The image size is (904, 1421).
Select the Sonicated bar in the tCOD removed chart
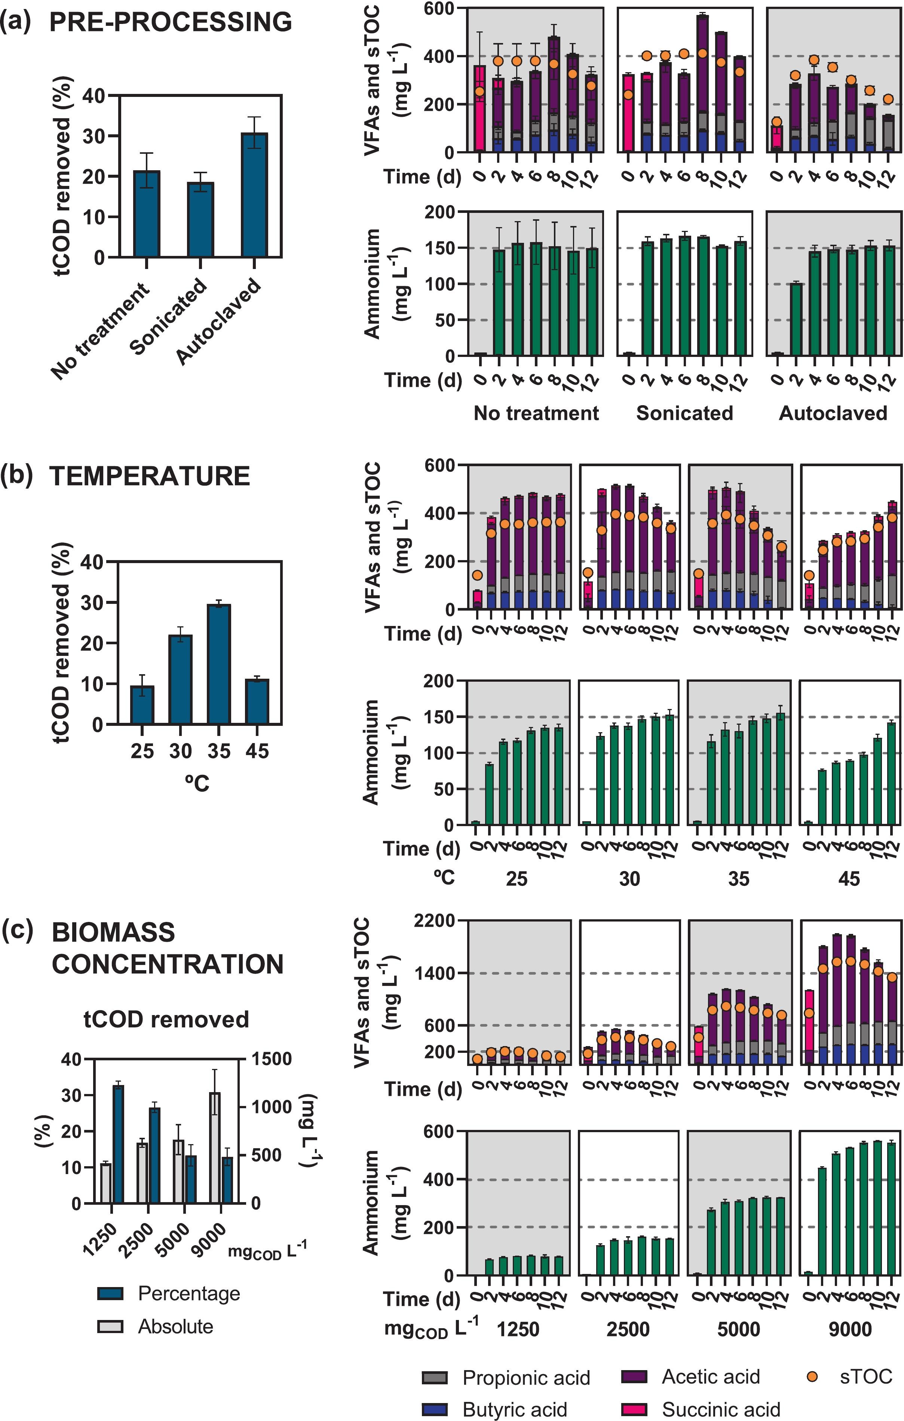coord(200,220)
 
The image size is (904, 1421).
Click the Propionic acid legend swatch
coord(435,1377)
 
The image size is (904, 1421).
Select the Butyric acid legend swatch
coord(435,1409)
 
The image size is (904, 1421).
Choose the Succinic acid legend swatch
coord(634,1409)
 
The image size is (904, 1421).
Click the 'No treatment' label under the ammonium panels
coord(536,413)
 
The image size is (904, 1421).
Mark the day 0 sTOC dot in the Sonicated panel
coord(628,94)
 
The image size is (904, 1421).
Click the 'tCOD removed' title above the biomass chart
coord(166,1019)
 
